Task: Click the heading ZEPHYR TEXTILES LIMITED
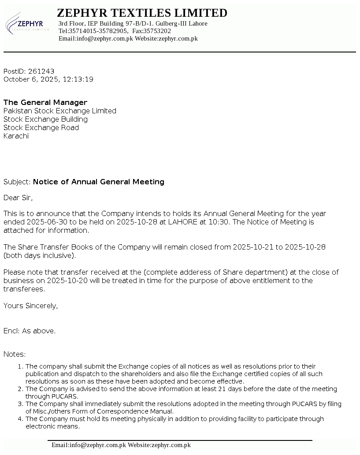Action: coord(142,13)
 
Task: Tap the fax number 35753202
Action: coord(157,31)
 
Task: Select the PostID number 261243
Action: coord(41,71)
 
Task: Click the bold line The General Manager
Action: coord(45,102)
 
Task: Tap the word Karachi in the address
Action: coord(16,136)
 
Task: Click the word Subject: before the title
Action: coord(17,182)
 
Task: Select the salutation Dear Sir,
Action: coord(18,198)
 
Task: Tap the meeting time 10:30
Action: coord(219,222)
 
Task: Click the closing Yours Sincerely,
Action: coord(31,306)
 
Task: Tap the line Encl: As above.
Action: coord(30,331)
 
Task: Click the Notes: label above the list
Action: coord(15,354)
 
